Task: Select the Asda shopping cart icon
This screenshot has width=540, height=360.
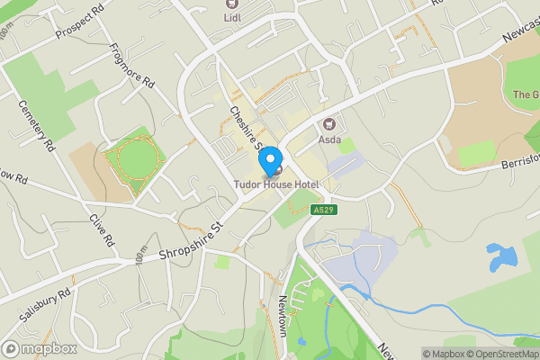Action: [x=328, y=124]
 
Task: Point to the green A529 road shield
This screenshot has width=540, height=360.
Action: [x=324, y=210]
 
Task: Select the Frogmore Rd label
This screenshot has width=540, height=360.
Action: [x=132, y=67]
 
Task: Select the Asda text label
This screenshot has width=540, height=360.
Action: [x=332, y=140]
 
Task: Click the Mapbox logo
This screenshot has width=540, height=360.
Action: [x=40, y=348]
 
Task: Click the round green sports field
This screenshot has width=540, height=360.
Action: [x=134, y=160]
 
